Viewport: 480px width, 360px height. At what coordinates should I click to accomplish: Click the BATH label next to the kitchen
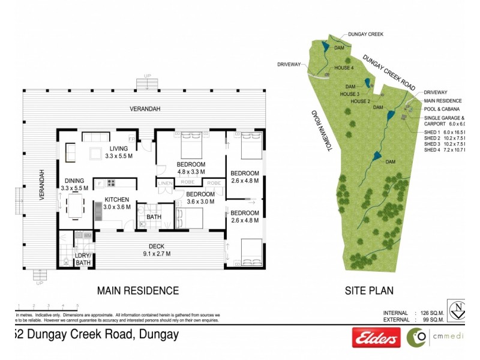154,217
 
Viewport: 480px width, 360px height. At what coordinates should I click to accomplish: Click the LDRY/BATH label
82,259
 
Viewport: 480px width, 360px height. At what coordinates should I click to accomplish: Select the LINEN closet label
165,182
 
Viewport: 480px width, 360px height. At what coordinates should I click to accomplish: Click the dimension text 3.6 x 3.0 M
200,202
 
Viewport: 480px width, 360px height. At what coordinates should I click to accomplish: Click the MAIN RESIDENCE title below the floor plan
138,291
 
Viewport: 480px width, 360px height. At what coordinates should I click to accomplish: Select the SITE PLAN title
368,291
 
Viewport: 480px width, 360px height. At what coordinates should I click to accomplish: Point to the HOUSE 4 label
343,68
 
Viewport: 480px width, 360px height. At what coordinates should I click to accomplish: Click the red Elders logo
376,338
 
